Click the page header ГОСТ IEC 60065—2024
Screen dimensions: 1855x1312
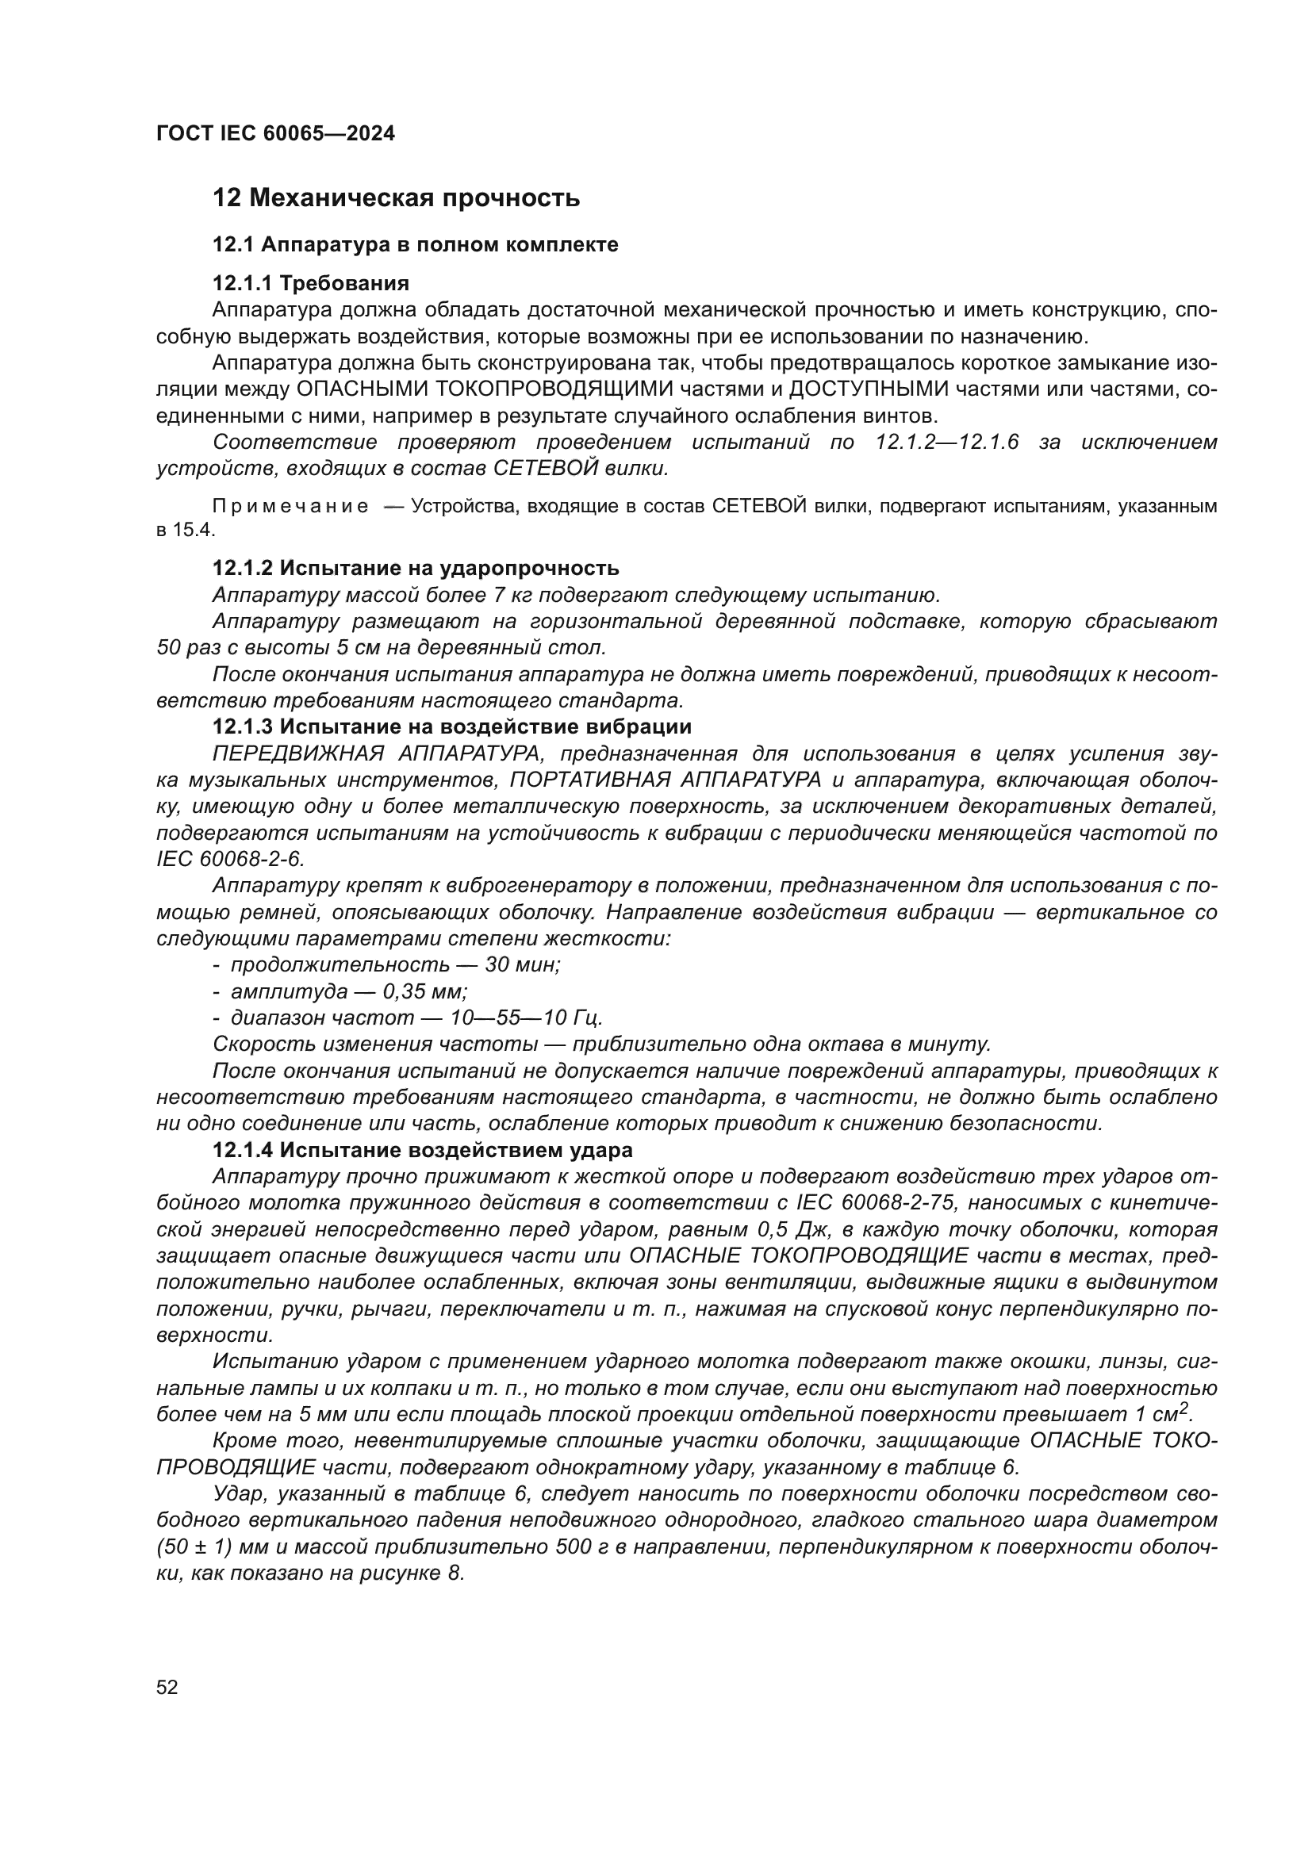point(275,134)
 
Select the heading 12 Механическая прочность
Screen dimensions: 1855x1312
point(396,198)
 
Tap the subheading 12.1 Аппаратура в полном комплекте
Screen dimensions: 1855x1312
point(415,245)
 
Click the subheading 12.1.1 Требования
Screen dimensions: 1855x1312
point(310,283)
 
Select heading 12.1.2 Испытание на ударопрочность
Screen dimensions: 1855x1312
point(415,568)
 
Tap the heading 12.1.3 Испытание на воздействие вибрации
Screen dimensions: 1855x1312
point(451,726)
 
